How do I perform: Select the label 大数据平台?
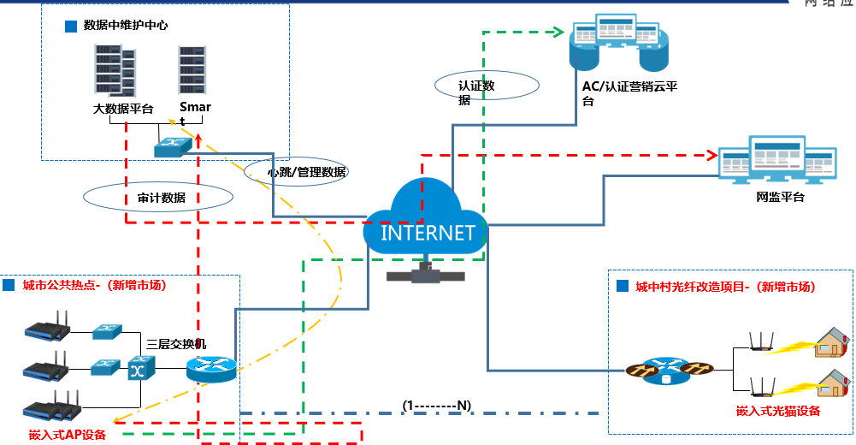tap(123, 109)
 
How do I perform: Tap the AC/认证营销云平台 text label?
tap(629, 93)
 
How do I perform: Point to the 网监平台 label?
tap(780, 197)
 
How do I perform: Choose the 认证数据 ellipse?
tap(486, 86)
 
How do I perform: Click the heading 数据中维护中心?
tap(125, 26)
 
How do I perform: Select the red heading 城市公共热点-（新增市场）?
tap(94, 285)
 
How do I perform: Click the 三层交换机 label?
tap(176, 343)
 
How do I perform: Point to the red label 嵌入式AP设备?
tap(67, 435)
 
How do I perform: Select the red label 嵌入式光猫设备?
tap(778, 411)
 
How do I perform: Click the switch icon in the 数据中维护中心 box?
tap(173, 147)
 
